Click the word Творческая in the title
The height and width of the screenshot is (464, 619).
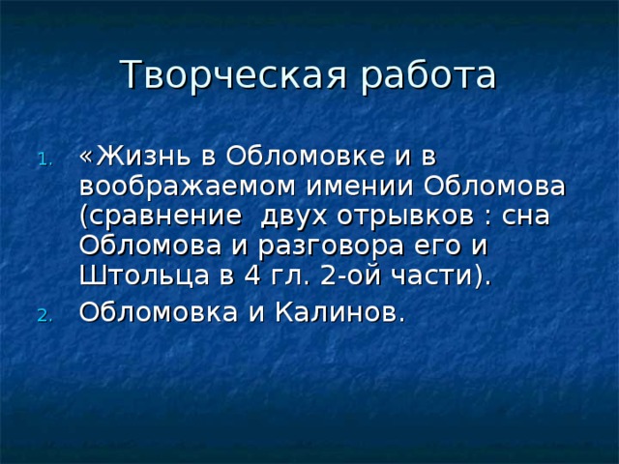(234, 74)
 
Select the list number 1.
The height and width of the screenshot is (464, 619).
(45, 159)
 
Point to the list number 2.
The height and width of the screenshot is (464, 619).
(44, 316)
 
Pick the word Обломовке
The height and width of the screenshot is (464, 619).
(306, 156)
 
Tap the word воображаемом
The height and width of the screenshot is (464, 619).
(188, 186)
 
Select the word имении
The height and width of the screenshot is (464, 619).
(360, 186)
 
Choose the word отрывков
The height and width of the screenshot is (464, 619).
(406, 217)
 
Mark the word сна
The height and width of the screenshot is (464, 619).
(526, 217)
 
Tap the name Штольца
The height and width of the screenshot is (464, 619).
(144, 275)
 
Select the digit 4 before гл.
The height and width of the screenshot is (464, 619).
(252, 275)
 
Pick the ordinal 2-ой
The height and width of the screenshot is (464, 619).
(351, 275)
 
